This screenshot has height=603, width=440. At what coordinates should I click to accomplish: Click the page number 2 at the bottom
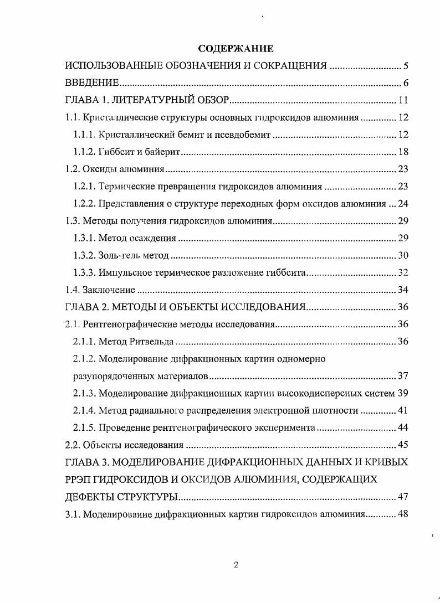236,565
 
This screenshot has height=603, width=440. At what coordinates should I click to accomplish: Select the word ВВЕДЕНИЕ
92,84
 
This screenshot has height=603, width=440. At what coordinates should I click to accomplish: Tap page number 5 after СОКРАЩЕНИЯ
405,67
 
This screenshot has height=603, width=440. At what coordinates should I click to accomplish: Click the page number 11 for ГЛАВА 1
403,100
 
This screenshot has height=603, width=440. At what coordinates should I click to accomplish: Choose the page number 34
403,290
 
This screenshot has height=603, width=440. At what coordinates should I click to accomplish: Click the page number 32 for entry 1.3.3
403,272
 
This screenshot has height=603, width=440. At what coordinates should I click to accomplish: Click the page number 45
403,445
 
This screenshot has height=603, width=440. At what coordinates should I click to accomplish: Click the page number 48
403,513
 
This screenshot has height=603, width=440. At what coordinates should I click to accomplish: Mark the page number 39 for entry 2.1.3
403,393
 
